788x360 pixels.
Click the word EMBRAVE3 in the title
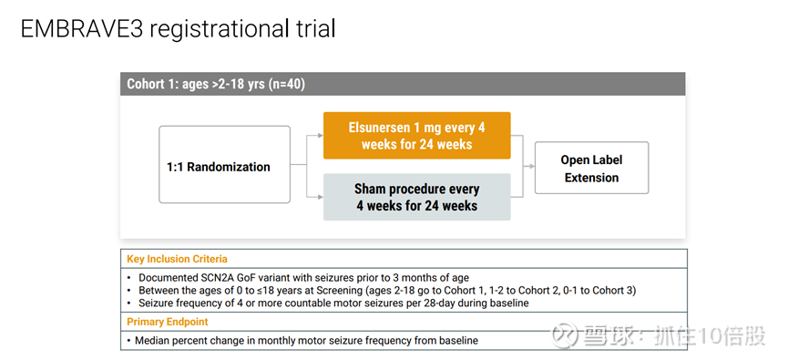tap(82, 29)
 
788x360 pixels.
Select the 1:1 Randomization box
tap(225, 164)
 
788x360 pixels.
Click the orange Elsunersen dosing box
tap(416, 136)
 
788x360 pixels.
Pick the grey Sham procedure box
tap(416, 197)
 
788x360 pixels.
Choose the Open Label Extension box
tap(591, 168)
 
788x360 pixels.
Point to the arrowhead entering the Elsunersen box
tap(320, 135)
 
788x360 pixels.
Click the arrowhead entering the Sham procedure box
tap(320, 197)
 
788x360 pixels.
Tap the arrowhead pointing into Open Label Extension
tap(532, 166)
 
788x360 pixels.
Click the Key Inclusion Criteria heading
tap(177, 260)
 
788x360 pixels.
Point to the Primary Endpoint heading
tap(168, 322)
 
